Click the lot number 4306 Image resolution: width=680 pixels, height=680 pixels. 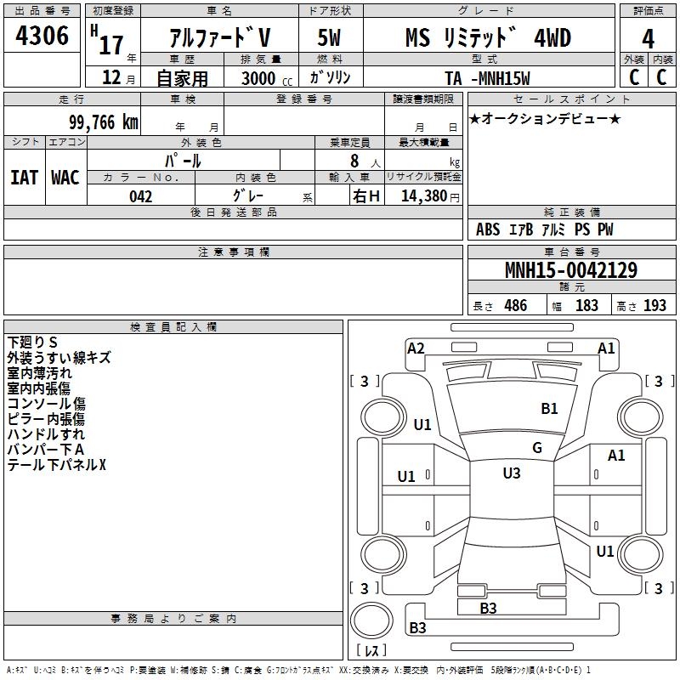coord(42,37)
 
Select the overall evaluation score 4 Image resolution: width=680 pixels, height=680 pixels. coord(648,38)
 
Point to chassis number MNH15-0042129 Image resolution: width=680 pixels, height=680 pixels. coord(570,270)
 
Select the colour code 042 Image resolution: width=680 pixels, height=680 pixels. coord(140,196)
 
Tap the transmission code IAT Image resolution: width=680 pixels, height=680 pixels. coord(24,177)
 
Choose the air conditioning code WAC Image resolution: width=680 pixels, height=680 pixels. coord(65,177)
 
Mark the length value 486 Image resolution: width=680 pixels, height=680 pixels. coord(514,305)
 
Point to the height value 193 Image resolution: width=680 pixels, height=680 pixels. coord(654,305)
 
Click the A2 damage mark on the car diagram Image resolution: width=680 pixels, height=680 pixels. coord(416,348)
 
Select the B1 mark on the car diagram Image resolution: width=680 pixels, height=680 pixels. coord(550,408)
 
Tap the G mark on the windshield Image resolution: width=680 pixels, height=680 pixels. coord(536,447)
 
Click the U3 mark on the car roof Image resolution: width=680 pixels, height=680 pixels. coord(511,473)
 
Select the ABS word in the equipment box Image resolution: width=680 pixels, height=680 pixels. coord(488,229)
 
